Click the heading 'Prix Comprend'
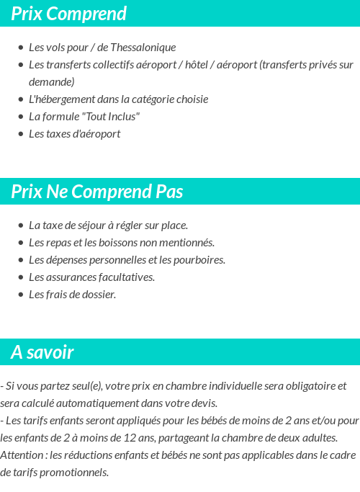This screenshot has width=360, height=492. pos(69,14)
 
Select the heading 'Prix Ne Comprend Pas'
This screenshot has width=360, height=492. pos(97,192)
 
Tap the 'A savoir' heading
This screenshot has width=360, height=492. pos(42,353)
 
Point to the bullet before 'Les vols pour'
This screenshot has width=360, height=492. pos(20,48)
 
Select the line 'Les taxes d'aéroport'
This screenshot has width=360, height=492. pos(74,134)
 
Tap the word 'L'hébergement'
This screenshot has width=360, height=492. pos(60,99)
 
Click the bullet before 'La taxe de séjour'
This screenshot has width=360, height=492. pos(20,225)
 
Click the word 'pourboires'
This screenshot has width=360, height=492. pos(199,260)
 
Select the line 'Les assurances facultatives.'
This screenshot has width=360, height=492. pos(91,277)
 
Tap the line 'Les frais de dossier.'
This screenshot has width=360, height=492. pos(72,295)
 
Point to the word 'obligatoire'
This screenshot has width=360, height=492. pos(303,386)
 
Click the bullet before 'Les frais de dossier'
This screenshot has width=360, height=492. pos(20,295)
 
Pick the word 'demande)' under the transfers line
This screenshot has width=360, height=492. pos(51,82)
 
